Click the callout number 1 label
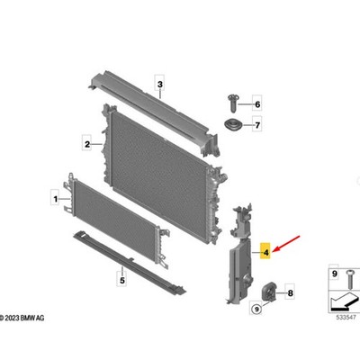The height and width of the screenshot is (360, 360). [55, 199]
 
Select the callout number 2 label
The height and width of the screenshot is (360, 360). [87, 145]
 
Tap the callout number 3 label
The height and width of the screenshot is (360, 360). [160, 85]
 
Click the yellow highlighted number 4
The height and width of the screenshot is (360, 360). [265, 252]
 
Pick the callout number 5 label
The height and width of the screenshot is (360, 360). [122, 281]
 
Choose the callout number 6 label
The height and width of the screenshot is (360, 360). [257, 104]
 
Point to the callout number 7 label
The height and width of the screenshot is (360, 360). [257, 125]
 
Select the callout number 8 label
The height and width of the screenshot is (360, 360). [290, 292]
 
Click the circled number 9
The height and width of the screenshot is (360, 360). [256, 308]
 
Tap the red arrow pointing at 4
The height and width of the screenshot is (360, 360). [286, 244]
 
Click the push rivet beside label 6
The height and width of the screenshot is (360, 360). [233, 103]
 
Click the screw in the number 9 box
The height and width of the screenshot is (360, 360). [350, 279]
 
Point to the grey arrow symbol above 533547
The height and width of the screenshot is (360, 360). [345, 302]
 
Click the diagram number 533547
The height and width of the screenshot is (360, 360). [346, 317]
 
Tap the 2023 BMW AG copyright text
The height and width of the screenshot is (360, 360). [22, 318]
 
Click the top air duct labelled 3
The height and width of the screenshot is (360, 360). [154, 112]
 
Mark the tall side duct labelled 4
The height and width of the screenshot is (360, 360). [239, 255]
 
